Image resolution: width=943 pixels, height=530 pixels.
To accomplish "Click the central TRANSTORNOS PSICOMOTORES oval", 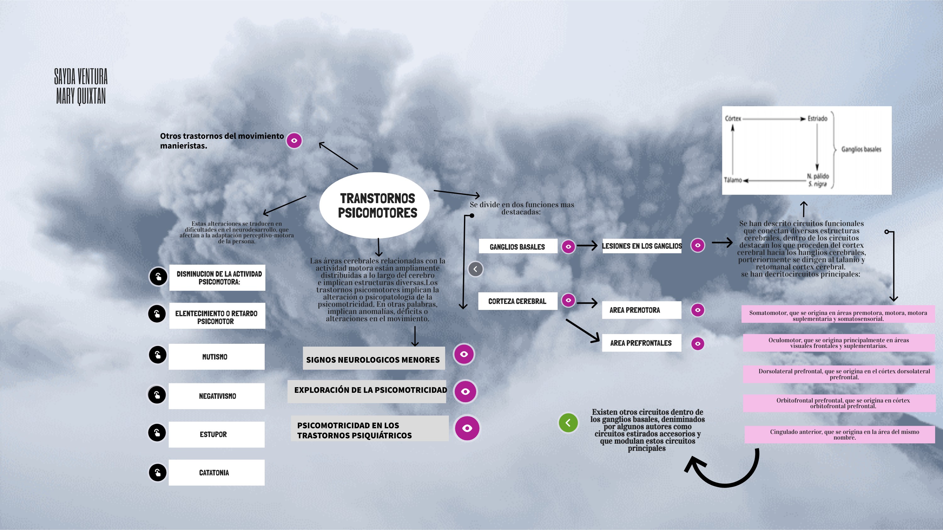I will click(x=374, y=205).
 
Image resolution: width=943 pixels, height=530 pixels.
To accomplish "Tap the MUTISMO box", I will click(x=216, y=357).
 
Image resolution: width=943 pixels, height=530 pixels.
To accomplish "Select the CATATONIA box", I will click(x=216, y=473).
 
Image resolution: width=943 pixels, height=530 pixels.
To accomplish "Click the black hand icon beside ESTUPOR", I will click(x=157, y=433).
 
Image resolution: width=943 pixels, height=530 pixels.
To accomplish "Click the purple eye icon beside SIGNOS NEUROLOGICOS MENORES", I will click(x=464, y=354).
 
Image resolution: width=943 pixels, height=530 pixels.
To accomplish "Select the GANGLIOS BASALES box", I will click(x=518, y=246).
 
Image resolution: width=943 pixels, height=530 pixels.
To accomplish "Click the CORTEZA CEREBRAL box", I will click(x=517, y=301).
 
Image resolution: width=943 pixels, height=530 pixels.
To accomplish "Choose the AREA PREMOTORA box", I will click(x=641, y=310).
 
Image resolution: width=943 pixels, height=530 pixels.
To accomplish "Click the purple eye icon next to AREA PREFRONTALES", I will click(x=698, y=343).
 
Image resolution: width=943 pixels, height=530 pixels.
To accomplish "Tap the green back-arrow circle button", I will click(x=568, y=423).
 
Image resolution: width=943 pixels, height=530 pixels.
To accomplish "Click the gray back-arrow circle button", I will click(x=475, y=269).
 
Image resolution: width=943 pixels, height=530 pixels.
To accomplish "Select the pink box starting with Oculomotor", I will click(x=838, y=343).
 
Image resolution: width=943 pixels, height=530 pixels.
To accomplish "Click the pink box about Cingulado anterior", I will click(x=839, y=435).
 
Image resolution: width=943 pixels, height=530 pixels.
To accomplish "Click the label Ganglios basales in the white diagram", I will click(x=861, y=149).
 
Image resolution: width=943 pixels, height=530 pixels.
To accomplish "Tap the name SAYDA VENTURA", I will click(x=81, y=76).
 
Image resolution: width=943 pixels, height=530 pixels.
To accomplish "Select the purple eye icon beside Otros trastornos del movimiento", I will click(x=294, y=140).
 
